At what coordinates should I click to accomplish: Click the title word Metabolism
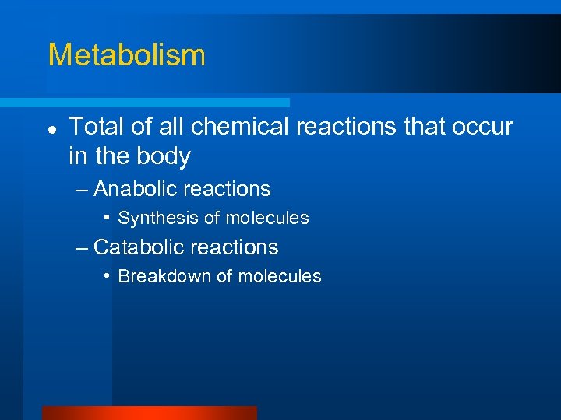[x=126, y=55]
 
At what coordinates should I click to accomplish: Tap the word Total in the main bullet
[x=96, y=127]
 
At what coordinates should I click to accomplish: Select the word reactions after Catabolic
[x=242, y=247]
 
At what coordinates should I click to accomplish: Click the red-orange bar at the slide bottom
[x=149, y=413]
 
